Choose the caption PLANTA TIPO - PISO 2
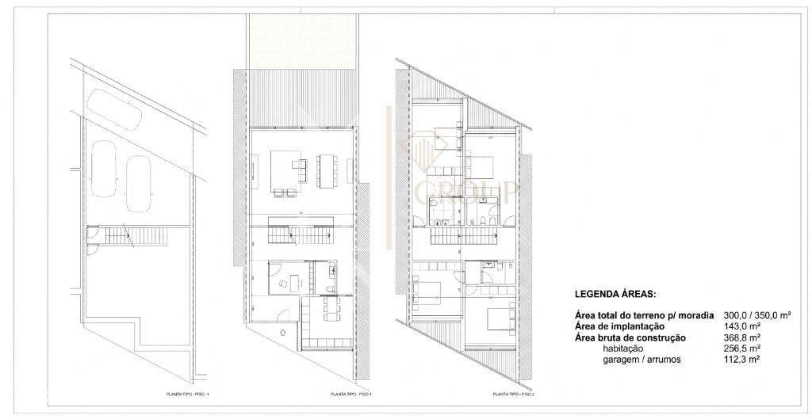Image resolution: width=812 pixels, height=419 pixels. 513,394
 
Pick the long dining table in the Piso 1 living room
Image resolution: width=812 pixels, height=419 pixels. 327,170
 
